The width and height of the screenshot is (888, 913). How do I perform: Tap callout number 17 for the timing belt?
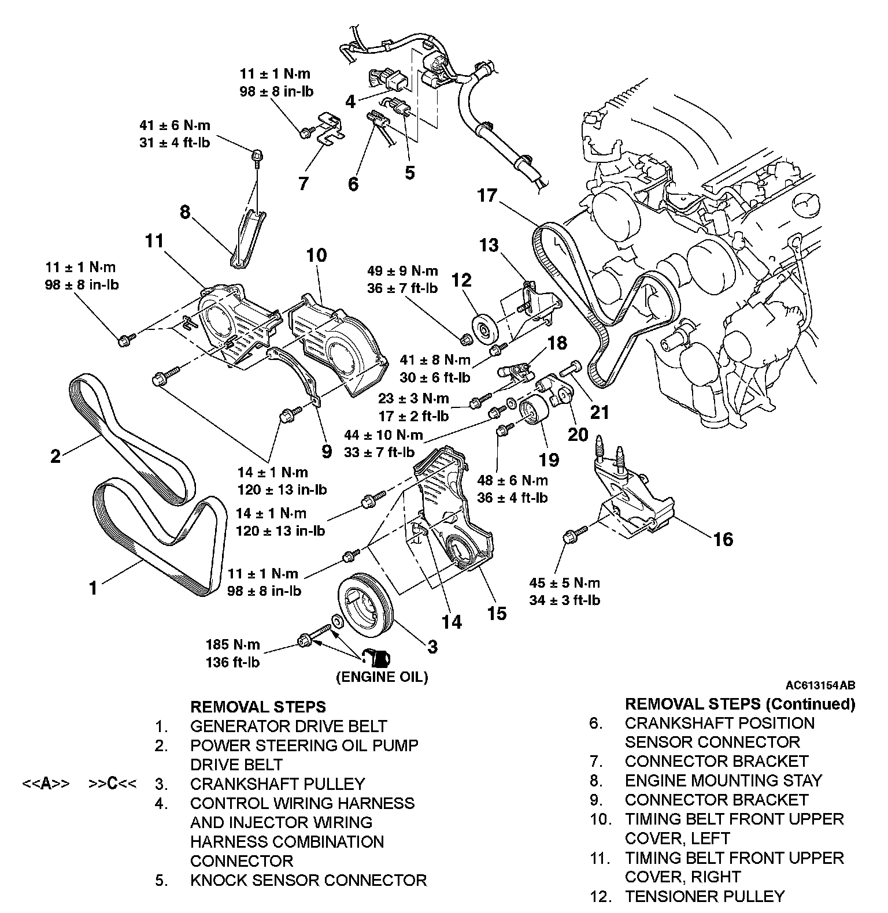(487, 196)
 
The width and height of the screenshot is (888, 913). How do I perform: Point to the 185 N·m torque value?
(232, 644)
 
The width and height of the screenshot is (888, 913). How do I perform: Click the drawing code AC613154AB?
(820, 685)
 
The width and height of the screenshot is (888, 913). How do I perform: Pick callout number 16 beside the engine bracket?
(723, 539)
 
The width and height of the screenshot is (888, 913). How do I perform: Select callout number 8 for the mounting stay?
(184, 212)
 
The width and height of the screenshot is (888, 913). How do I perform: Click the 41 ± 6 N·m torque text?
(175, 125)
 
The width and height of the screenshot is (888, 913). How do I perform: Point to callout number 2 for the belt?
(55, 456)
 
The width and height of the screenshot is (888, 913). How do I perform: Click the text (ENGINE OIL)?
(382, 677)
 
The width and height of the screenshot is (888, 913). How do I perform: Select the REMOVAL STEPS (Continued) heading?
(739, 704)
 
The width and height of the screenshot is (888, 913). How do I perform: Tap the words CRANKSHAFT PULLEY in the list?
(277, 784)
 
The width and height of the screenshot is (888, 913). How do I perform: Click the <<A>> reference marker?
(46, 784)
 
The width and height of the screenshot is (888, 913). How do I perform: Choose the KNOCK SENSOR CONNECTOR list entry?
(308, 880)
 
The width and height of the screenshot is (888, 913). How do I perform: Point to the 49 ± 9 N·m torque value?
(402, 270)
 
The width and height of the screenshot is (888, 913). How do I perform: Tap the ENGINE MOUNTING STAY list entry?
(723, 781)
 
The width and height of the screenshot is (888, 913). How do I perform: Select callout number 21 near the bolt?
(600, 412)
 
